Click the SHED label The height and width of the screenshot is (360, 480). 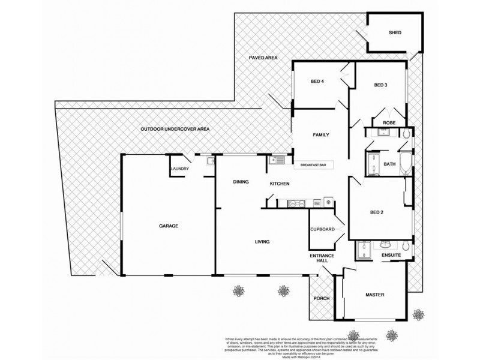coord(395,33)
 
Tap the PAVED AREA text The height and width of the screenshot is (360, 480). coord(263,58)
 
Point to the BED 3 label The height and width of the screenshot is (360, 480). coord(380,85)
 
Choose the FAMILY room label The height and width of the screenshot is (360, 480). coord(322,135)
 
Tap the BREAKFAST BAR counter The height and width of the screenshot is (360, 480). coord(313,164)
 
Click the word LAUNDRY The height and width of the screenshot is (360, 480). coord(180,169)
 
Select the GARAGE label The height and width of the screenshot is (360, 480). coord(169,226)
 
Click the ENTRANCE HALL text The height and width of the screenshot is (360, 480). coord(322,259)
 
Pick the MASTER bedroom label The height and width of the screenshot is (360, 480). coord(374,295)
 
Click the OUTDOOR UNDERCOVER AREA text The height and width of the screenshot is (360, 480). coord(175,130)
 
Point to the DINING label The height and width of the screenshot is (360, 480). coord(242,181)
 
